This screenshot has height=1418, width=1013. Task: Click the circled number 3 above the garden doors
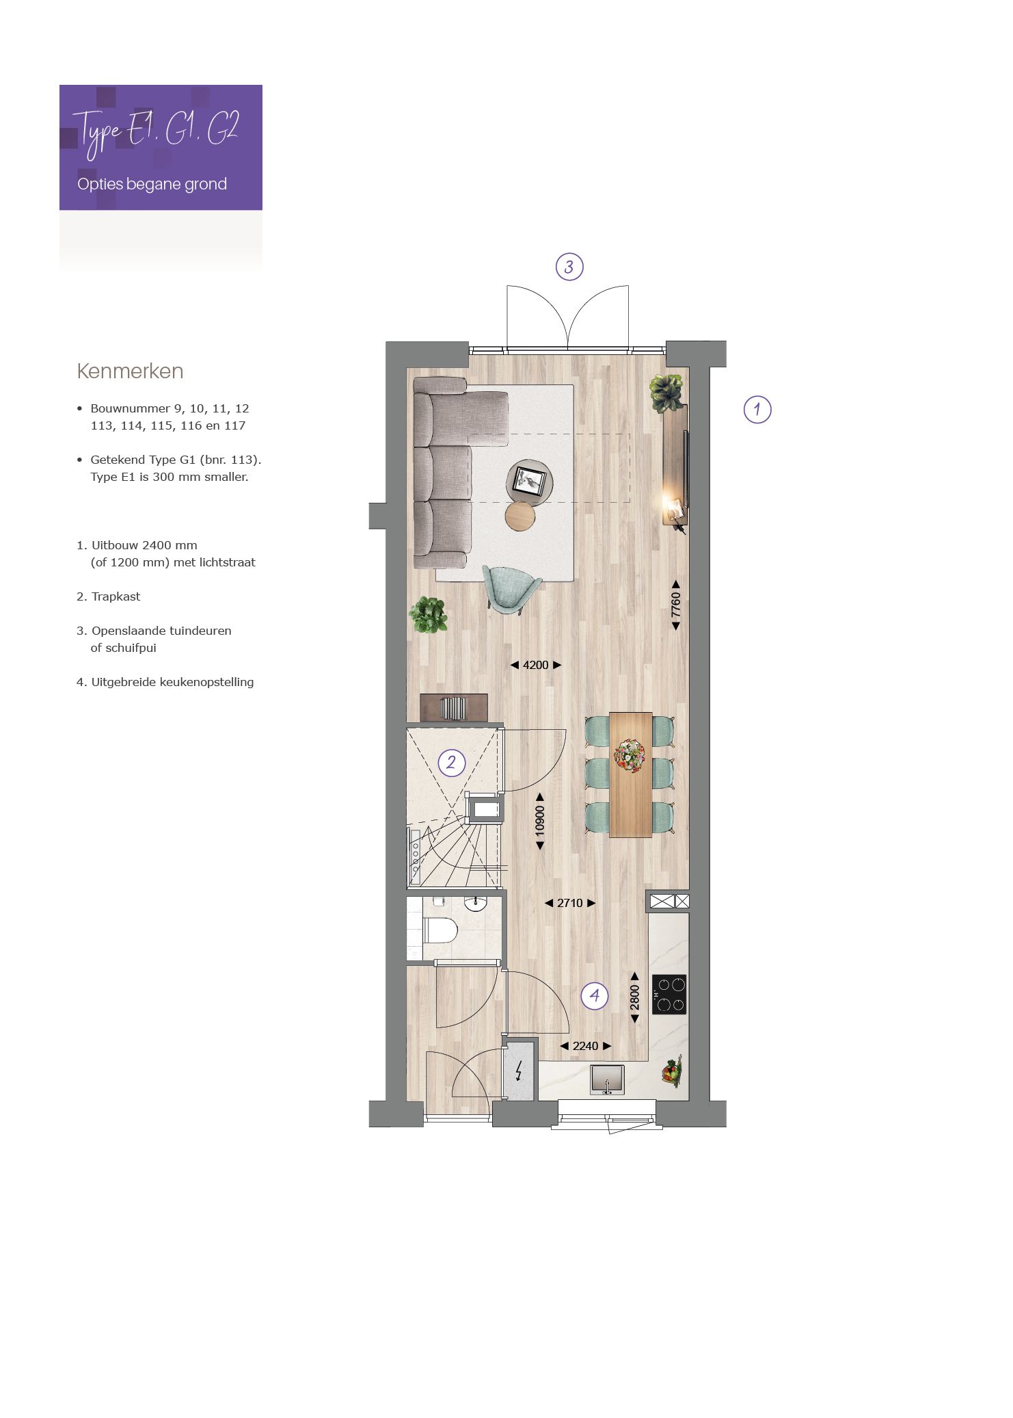coord(569,267)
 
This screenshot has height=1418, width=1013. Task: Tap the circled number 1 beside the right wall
coord(757,410)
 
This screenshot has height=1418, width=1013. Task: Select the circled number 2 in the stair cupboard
coord(451,762)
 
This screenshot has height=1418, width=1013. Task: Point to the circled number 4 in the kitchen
coord(595,995)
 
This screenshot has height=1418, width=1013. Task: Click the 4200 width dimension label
coord(536,665)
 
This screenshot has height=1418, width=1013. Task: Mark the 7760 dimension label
coord(676,605)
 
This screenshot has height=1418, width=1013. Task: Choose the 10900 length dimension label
coord(540,821)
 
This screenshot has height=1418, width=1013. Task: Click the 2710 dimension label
coord(570,903)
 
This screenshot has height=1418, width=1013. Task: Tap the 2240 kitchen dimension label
coord(585,1046)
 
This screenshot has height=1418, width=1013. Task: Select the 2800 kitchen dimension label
coord(634,998)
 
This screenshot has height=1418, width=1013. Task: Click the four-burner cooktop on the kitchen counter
coord(669,994)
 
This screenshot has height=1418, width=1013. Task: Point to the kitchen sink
coord(607,1079)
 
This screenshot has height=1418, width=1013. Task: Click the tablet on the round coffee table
coord(528,480)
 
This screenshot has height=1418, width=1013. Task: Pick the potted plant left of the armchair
coord(429,614)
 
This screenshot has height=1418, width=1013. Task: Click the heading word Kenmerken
coord(130,371)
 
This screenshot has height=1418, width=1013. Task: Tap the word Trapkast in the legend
coord(116,596)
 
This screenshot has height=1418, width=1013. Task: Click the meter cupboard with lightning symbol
coord(519,1071)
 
